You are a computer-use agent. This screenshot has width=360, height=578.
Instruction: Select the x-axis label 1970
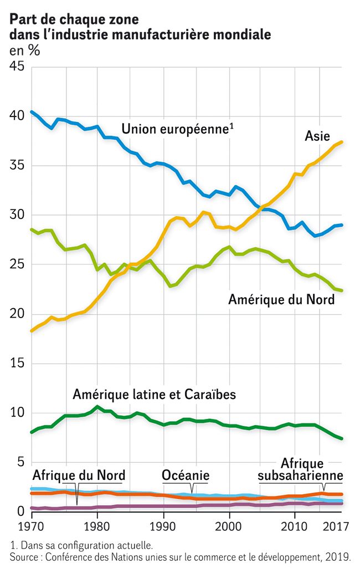(32, 525)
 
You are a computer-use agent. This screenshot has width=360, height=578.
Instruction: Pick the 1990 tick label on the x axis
(163, 525)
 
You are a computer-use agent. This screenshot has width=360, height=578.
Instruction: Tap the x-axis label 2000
(229, 525)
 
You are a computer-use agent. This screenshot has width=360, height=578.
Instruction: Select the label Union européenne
(175, 129)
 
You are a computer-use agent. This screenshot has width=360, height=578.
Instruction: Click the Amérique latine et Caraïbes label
(155, 395)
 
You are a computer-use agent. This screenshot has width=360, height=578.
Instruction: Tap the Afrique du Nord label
(79, 475)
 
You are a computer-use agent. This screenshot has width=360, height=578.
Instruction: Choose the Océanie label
(186, 475)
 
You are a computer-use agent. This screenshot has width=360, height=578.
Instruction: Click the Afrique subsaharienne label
(301, 469)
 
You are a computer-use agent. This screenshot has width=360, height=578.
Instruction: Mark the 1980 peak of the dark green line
(97, 407)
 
